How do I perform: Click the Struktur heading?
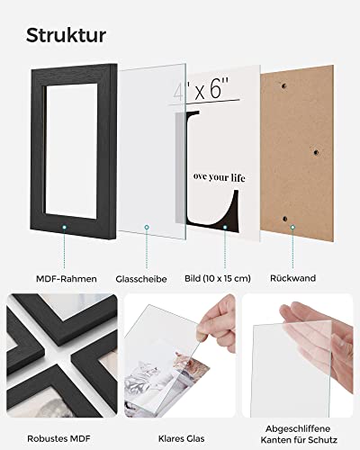66,36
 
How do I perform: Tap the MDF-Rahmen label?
67,279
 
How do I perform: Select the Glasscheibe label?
141,279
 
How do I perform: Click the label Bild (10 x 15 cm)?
218,278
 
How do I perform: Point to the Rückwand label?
292,278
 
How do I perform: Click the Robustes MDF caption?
58,438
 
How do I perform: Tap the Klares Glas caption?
182,438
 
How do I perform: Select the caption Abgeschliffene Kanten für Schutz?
299,434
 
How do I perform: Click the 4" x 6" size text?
201,88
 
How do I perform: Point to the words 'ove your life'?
219,177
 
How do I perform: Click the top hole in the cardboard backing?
283,86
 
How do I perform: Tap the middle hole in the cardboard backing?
316,152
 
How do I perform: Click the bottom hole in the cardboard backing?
285,219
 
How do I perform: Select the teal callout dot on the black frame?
64,228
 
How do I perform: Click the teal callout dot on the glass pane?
147,228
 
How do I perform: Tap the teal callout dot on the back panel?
292,228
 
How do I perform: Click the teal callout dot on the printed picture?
225,228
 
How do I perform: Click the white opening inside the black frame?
71,149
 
